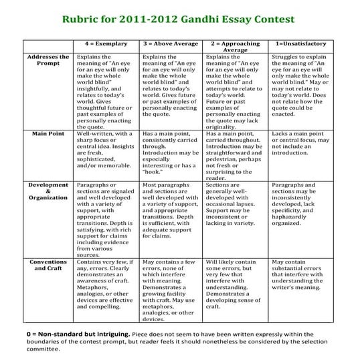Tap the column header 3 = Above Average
coord(170,43)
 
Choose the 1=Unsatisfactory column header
coord(301,43)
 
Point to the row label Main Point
coord(48,133)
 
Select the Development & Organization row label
coord(48,191)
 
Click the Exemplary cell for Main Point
coord(105,151)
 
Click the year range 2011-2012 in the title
coord(155,19)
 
